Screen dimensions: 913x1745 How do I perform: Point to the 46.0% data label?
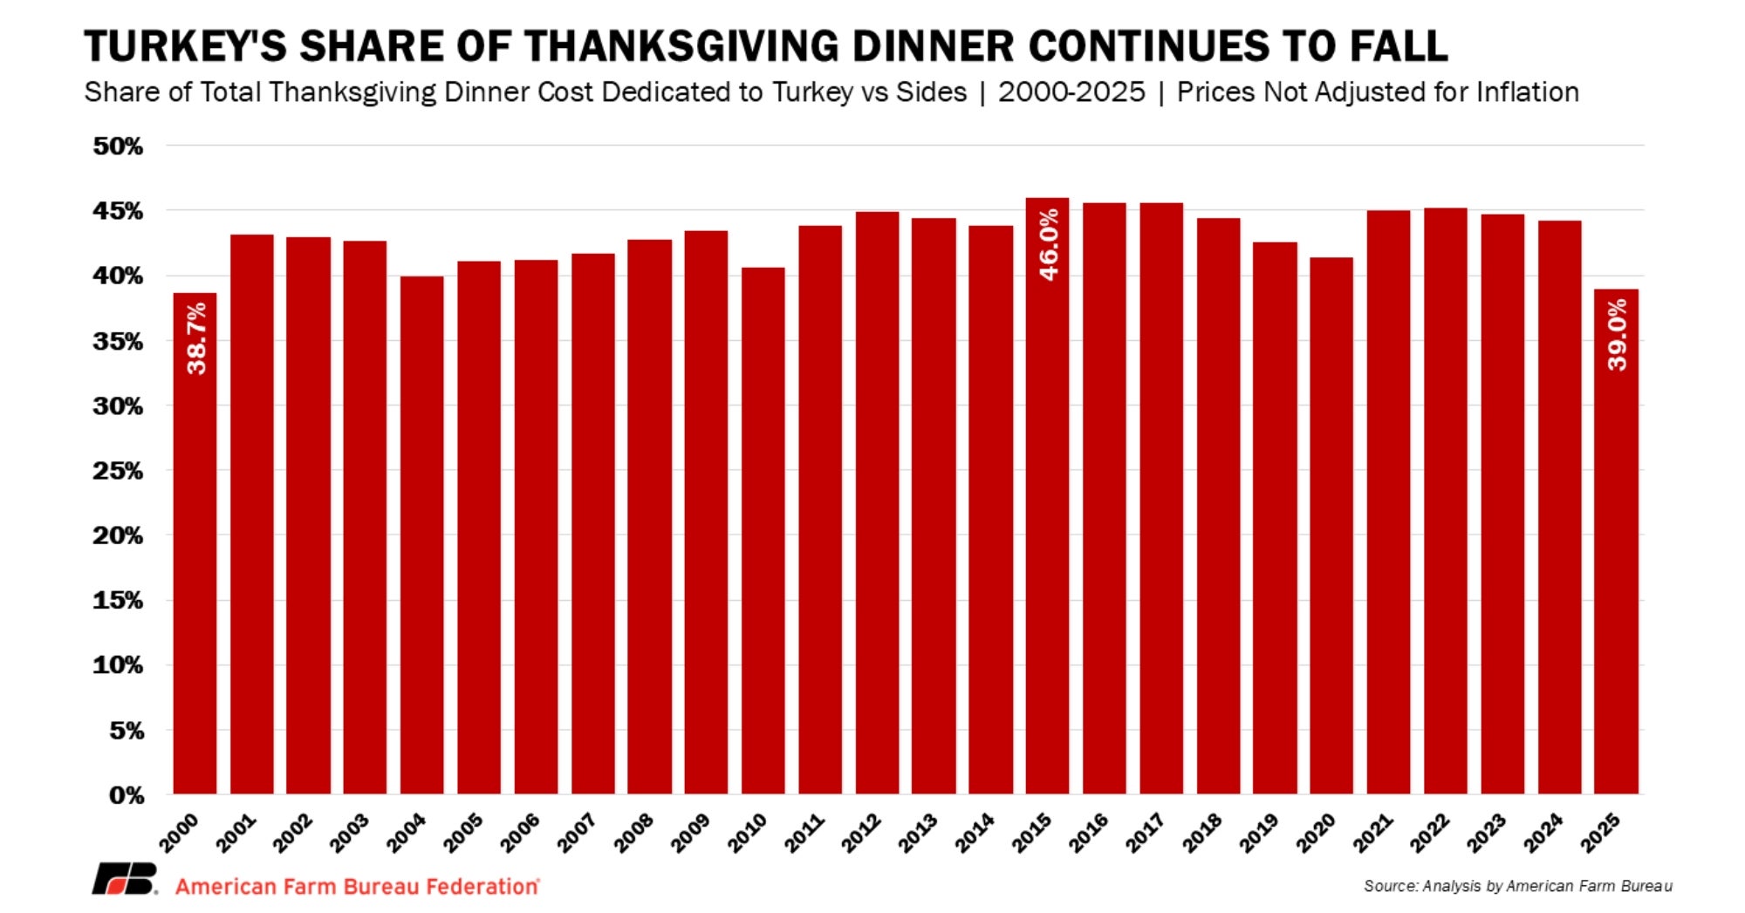[x=1049, y=244]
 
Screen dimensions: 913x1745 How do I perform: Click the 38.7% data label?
[x=197, y=338]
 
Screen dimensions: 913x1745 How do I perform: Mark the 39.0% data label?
[x=1617, y=335]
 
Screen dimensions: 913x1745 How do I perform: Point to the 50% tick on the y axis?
[x=118, y=146]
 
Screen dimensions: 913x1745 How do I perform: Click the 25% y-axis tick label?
[x=118, y=471]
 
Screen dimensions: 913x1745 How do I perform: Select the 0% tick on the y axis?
[x=127, y=795]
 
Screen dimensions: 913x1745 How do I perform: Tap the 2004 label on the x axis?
[x=407, y=833]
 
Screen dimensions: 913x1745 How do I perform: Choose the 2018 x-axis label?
[x=1202, y=833]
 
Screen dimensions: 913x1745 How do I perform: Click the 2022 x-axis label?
[x=1430, y=833]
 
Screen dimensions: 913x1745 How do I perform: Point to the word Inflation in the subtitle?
[x=1527, y=92]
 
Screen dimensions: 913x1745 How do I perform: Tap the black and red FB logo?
[x=125, y=879]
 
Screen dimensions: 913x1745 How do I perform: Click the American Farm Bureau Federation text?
[x=357, y=887]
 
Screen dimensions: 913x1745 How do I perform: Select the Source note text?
[x=1517, y=887]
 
